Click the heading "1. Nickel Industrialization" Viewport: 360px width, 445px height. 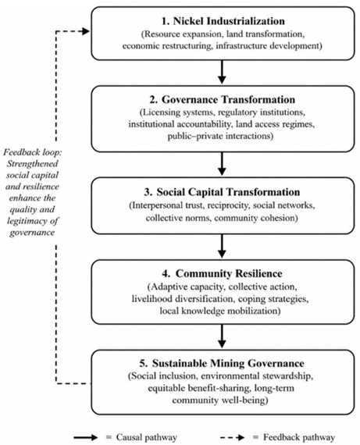tap(223, 21)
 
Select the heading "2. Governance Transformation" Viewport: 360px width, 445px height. tap(223, 100)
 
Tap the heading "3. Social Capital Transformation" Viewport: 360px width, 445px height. tap(222, 192)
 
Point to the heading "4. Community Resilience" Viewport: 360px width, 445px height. tap(223, 273)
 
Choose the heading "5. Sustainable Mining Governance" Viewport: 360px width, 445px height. tap(222, 363)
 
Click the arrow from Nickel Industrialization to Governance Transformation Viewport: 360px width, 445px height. tap(222, 72)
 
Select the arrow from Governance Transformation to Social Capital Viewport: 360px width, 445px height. tap(222, 164)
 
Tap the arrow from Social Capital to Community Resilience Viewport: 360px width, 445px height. tap(222, 246)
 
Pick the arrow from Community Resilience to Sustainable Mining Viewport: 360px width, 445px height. tap(222, 336)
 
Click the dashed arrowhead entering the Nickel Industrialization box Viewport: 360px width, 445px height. tap(85, 31)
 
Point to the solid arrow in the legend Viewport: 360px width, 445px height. tap(85, 437)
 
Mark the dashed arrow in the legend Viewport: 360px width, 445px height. tap(233, 437)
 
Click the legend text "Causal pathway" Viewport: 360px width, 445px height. tap(147, 437)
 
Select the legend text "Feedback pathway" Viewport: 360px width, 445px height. tap(299, 437)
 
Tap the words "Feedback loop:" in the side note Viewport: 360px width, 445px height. tap(33, 152)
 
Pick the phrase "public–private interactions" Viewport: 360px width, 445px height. tap(220, 136)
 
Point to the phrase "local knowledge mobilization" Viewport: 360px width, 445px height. tap(220, 311)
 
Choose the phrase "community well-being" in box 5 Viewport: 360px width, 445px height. tap(220, 400)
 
